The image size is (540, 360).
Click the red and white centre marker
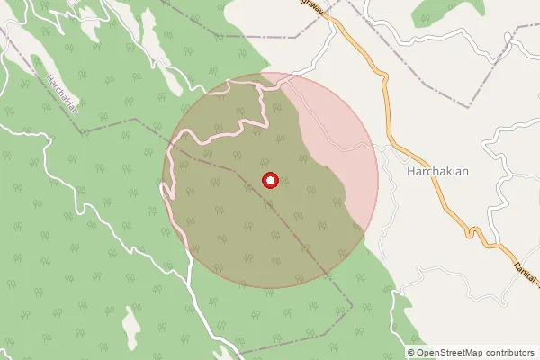pyautogui.click(x=270, y=180)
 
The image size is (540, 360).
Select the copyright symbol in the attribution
pyautogui.click(x=411, y=352)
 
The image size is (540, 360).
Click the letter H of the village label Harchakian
pyautogui.click(x=411, y=170)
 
